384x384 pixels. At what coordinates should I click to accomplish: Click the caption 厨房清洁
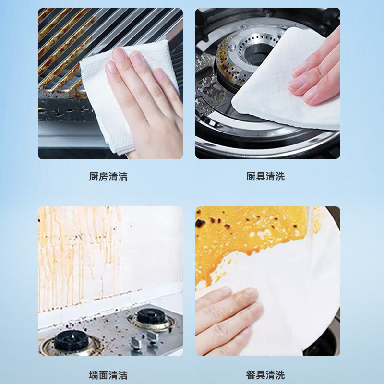[x=108, y=177]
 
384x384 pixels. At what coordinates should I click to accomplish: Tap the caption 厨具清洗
[x=265, y=177]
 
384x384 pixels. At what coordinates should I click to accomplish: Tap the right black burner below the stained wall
[x=149, y=317]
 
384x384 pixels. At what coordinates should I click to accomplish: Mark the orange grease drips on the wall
[x=72, y=250]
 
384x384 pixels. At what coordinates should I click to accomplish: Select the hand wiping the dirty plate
[x=226, y=312]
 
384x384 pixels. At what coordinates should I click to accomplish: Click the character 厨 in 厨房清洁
[x=94, y=177]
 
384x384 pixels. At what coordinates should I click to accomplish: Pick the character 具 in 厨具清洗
[x=261, y=177]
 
